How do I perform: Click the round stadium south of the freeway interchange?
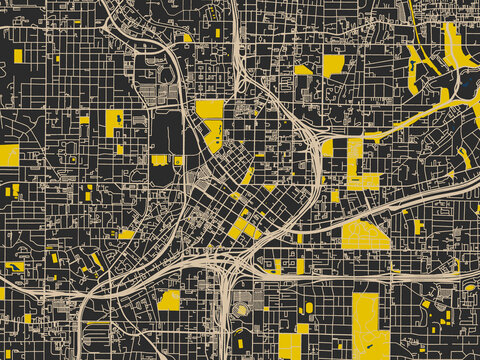click(241, 309)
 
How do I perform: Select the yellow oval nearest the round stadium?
click(308, 307)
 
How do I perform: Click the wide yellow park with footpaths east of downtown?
click(364, 235)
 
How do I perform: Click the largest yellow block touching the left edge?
click(9, 155)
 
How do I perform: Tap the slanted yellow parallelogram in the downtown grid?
click(248, 176)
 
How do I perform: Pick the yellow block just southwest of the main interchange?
click(169, 299)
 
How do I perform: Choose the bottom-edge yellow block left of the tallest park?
click(289, 346)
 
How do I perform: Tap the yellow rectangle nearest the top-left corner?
click(18, 54)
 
